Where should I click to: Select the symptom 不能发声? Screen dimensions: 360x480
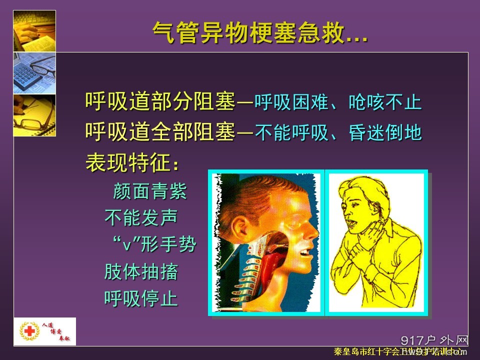141,218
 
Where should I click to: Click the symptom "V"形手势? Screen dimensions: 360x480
153,245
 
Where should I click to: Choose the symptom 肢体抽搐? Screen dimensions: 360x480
141,272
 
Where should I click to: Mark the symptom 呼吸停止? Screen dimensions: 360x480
141,299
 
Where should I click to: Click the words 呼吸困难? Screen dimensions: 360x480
285,103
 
